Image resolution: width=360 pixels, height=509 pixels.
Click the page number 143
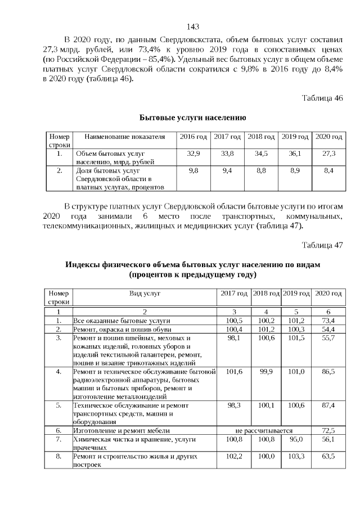click(x=192, y=26)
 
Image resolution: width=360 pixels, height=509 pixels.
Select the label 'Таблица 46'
click(x=322, y=98)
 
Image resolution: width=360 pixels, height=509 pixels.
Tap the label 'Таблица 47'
click(x=322, y=245)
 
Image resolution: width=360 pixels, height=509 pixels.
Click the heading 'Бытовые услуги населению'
click(x=192, y=118)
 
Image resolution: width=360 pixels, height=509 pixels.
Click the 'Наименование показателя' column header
click(x=124, y=137)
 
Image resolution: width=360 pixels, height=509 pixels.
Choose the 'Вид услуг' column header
click(x=145, y=294)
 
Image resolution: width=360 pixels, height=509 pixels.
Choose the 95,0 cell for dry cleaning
click(x=296, y=439)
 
